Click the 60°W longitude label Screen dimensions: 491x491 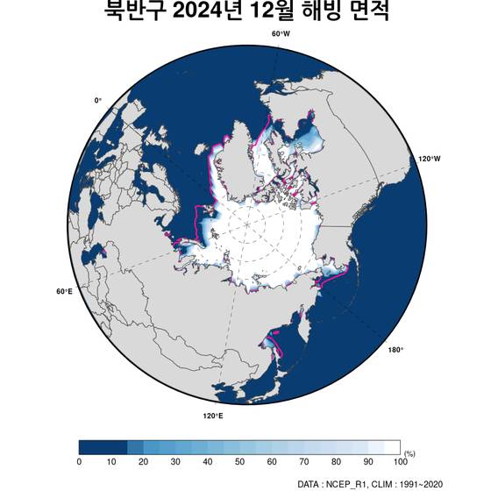pyautogui.click(x=281, y=33)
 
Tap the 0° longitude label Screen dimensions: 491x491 pyautogui.click(x=98, y=101)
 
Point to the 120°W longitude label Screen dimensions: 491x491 pyautogui.click(x=429, y=159)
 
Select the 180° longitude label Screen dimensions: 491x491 pyautogui.click(x=395, y=350)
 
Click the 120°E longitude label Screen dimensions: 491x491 pyautogui.click(x=212, y=416)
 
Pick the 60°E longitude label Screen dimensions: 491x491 pyautogui.click(x=64, y=291)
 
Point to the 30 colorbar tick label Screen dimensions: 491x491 pyautogui.click(x=175, y=462)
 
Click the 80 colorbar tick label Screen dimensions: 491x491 pyautogui.click(x=336, y=462)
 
